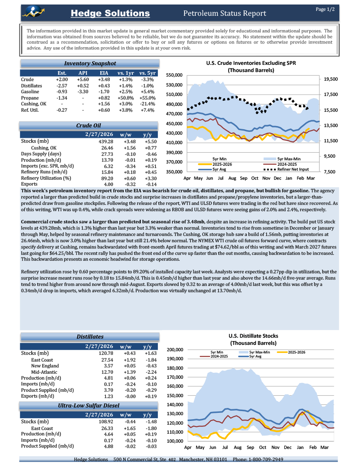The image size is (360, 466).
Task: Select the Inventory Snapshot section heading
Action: pos(90,63)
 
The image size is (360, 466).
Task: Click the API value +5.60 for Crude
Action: pos(83,79)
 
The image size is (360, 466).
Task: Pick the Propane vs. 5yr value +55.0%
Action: pos(147,98)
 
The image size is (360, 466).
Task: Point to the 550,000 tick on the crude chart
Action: pos(174,75)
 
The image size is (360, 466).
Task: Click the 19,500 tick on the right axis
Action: pos(330,79)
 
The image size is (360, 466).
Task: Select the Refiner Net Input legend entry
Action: pos(293,169)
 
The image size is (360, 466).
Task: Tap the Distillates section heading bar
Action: pos(90,336)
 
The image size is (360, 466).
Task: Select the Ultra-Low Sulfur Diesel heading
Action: pos(90,406)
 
